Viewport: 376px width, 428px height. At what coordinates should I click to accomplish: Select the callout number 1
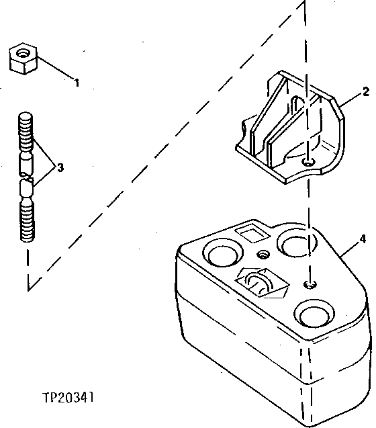tap(77, 83)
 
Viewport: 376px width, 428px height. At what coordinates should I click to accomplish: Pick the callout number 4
tap(362, 239)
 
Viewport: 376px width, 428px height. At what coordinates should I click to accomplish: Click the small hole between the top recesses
tap(263, 254)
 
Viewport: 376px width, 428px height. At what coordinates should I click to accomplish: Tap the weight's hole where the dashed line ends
tap(310, 285)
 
